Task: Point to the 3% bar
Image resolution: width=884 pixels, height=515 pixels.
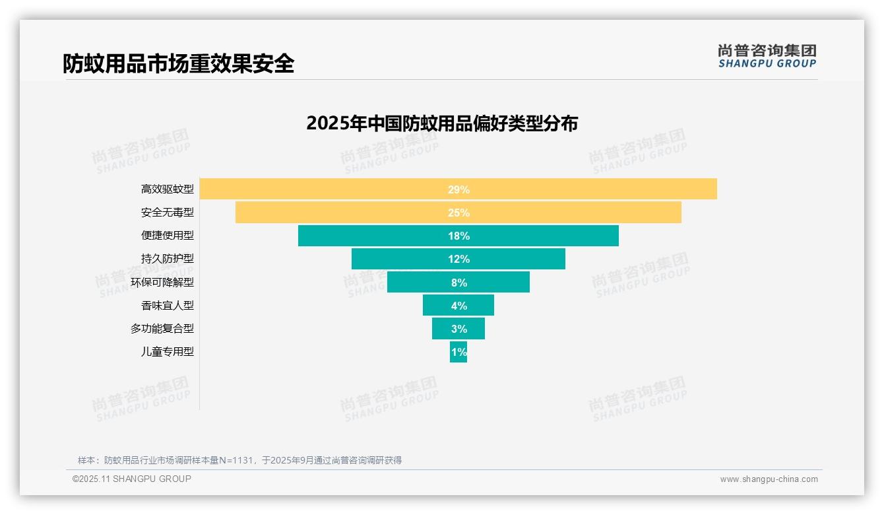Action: [458, 329]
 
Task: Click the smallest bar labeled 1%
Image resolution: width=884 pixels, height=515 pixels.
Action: [458, 352]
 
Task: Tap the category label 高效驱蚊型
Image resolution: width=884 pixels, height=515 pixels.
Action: [168, 189]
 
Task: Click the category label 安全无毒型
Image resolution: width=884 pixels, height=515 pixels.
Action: [168, 213]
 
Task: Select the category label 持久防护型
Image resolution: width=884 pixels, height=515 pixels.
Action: [168, 259]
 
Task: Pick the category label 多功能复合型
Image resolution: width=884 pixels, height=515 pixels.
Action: [162, 328]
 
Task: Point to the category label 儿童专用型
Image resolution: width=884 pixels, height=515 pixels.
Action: [168, 352]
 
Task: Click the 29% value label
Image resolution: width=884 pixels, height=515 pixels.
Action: [458, 189]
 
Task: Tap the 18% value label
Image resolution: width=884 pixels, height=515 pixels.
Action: [458, 236]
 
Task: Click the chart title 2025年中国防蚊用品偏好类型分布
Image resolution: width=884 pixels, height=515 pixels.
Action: [442, 123]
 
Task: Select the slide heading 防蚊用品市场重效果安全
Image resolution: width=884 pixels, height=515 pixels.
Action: [178, 63]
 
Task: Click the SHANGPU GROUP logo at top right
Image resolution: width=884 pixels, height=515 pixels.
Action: [767, 56]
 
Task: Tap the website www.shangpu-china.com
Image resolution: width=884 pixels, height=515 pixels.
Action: [769, 479]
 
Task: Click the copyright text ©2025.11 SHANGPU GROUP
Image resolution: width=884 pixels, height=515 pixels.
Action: [132, 479]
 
